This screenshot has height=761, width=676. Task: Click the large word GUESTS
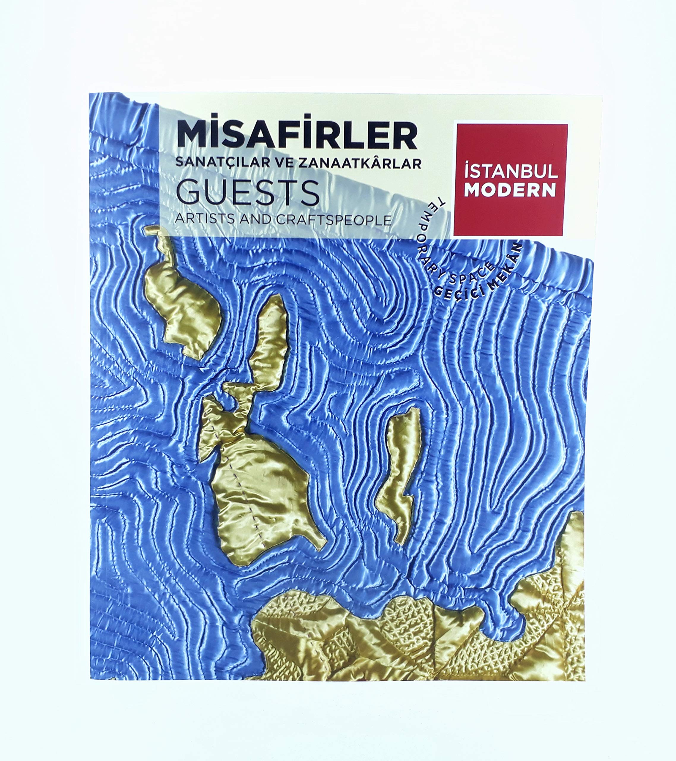[247, 193]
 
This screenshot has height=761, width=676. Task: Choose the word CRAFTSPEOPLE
[334, 220]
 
